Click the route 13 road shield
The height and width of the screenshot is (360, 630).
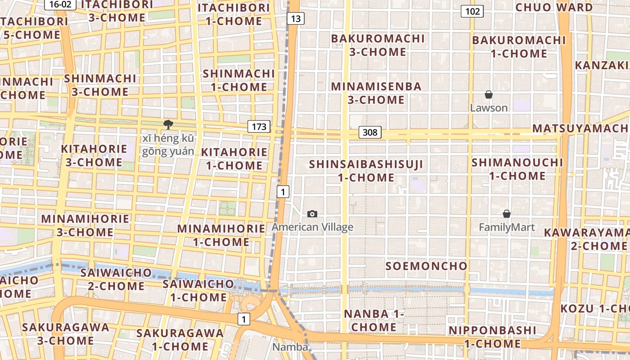[x=295, y=18]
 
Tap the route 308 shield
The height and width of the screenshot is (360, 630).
[x=370, y=132]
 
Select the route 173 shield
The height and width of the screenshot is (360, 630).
[x=259, y=127]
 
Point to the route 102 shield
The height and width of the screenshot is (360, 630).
[x=472, y=11]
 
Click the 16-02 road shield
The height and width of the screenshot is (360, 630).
[x=60, y=4]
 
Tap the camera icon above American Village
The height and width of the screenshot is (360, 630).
[x=312, y=214]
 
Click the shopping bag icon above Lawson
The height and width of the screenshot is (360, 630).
[x=489, y=94]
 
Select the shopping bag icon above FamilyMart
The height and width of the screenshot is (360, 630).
[x=507, y=214]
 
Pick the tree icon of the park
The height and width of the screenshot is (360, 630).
[x=168, y=125]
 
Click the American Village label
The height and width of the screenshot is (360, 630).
[x=312, y=227]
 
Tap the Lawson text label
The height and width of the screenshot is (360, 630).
[x=489, y=108]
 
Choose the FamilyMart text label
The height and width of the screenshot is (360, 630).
[x=507, y=227]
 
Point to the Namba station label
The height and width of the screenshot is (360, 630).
[x=290, y=347]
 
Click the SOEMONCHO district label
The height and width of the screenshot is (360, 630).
[x=427, y=266]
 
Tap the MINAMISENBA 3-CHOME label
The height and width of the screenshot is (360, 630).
[x=376, y=93]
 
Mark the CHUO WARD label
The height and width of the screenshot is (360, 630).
[x=554, y=8]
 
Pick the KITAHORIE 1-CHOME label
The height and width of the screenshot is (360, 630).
[x=234, y=159]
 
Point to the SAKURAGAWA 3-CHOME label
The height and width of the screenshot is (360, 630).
[x=65, y=334]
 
